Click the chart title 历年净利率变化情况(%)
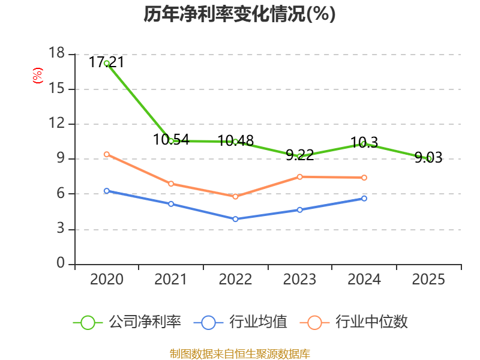pos(239,14)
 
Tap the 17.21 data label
pos(107,62)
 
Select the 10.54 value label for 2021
pos(171,140)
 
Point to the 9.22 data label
pos(299,155)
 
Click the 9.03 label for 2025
pos(428,157)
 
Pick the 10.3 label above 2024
pos(364,143)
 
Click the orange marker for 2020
pos(107,154)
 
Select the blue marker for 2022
pos(235,219)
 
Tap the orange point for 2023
pos(299,176)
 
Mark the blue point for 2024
pos(364,199)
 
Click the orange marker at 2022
pos(235,197)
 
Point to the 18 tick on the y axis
pos(56,53)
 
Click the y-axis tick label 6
pos(61,193)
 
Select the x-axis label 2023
pos(299,279)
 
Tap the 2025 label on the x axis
pos(428,279)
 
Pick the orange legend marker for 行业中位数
pos(314,323)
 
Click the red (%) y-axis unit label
pos(38,76)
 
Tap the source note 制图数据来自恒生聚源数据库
pos(239,354)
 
